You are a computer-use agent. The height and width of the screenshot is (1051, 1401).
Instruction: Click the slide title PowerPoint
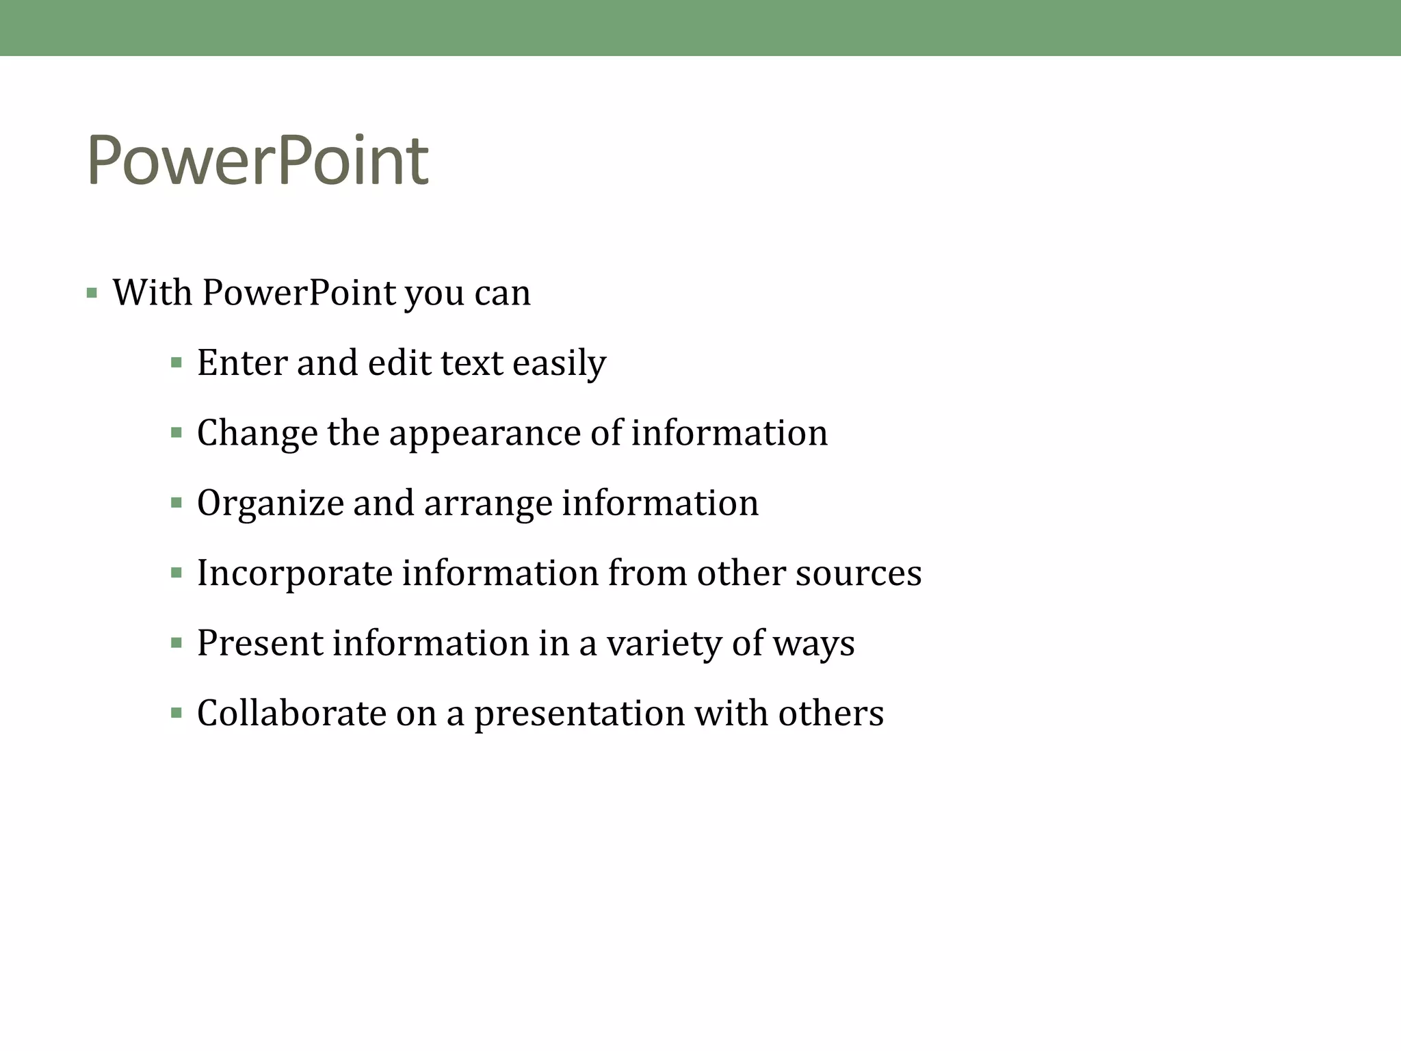257,161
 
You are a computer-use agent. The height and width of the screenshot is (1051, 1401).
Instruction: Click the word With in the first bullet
152,293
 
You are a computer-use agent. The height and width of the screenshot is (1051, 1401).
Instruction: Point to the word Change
257,434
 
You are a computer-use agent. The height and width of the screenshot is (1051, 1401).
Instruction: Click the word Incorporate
294,573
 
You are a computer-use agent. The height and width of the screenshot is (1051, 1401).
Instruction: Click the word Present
260,643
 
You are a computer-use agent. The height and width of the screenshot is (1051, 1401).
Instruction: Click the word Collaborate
291,713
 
